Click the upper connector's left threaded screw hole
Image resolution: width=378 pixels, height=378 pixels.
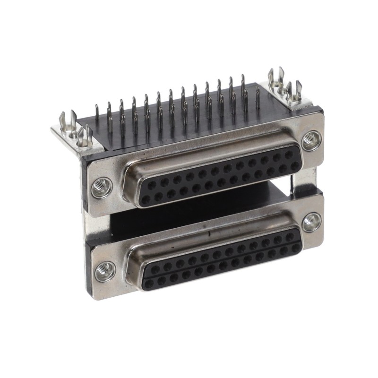click(101, 188)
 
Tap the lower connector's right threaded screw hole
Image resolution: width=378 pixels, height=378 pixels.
click(311, 222)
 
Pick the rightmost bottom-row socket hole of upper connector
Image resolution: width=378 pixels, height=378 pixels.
click(295, 165)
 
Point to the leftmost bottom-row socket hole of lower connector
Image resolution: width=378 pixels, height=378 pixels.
click(149, 282)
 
